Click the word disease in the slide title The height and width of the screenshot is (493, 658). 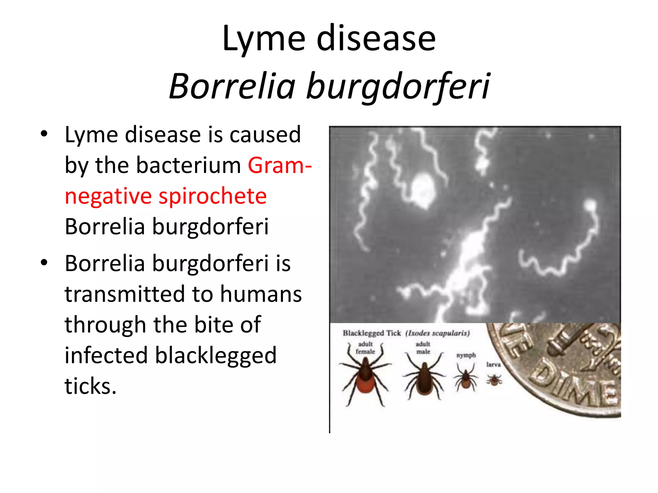[x=376, y=39]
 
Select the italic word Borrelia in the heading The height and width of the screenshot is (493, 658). [x=232, y=86]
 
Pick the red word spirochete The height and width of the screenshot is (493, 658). [x=213, y=196]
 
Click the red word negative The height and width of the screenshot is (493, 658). [x=108, y=196]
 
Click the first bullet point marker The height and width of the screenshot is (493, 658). [x=44, y=134]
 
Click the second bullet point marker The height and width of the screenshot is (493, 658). [x=44, y=263]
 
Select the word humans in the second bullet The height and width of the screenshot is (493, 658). [x=261, y=294]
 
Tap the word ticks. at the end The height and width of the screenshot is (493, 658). [x=90, y=386]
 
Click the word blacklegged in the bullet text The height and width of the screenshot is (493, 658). [x=216, y=355]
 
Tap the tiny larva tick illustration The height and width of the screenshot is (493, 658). [x=494, y=380]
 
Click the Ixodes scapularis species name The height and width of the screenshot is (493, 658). [x=438, y=333]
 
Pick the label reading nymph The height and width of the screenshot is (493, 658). [x=466, y=355]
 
